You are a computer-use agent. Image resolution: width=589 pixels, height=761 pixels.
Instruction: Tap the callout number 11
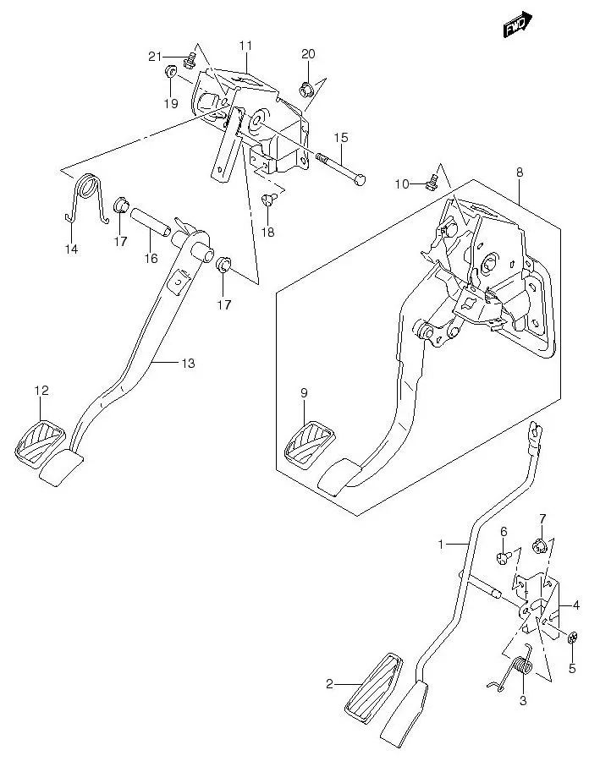click(245, 45)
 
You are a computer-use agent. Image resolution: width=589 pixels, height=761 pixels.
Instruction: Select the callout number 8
click(519, 172)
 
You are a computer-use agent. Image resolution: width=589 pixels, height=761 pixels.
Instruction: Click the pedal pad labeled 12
click(40, 440)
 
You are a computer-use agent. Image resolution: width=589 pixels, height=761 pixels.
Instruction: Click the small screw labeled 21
click(190, 58)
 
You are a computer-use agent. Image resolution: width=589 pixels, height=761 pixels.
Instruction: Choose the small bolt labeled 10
click(434, 178)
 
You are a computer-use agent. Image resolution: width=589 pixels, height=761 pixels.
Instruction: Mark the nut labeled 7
click(541, 546)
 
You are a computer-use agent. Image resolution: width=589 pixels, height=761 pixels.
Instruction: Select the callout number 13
click(187, 364)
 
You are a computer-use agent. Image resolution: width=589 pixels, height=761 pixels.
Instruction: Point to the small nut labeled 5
click(572, 636)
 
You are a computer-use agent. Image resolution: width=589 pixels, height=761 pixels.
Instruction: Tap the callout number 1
click(440, 545)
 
